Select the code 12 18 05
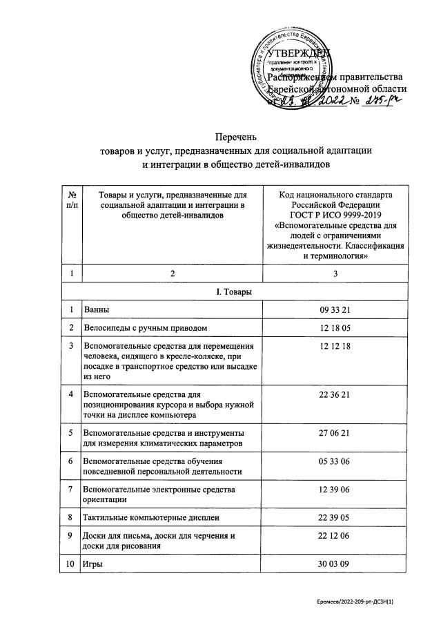335,327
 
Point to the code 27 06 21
335,432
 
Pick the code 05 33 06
335,460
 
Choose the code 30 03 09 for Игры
335,564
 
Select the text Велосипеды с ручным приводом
144,327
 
